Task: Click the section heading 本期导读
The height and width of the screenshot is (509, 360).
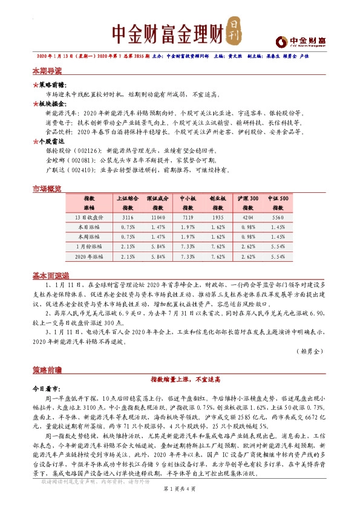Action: tap(47, 71)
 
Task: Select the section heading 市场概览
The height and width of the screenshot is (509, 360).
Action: tap(47, 189)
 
